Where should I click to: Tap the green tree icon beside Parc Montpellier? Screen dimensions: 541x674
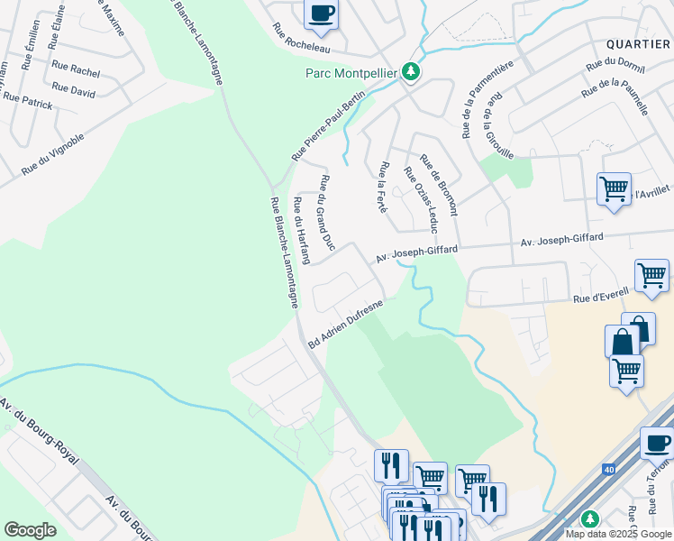click(411, 70)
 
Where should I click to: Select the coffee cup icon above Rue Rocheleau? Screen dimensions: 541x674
click(320, 13)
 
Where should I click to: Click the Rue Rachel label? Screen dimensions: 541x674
click(76, 69)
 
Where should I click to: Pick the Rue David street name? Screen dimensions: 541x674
click(74, 90)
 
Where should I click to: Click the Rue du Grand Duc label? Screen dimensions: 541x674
click(326, 213)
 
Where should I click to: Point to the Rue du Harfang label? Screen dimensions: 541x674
click(301, 231)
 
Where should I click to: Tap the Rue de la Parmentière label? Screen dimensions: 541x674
click(474, 99)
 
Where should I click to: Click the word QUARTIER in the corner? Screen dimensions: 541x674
click(638, 42)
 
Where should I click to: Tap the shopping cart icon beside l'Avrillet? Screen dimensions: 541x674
click(614, 189)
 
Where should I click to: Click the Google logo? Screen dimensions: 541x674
click(31, 530)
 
